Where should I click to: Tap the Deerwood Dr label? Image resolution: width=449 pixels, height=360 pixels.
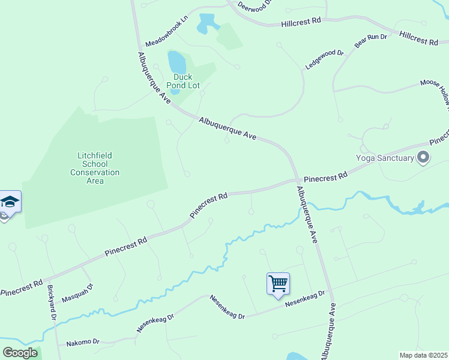click(x=255, y=6)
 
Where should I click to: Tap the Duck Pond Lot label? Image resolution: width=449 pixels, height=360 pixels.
click(x=182, y=81)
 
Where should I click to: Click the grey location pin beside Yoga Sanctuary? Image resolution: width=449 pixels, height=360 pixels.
click(x=423, y=158)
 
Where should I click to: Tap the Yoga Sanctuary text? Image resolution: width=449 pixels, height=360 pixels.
click(x=385, y=158)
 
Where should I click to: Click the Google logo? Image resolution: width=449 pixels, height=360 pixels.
click(x=20, y=352)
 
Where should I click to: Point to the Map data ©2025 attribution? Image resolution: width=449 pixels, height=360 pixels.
click(x=423, y=355)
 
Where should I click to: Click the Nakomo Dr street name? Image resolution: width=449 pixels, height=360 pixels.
click(x=83, y=342)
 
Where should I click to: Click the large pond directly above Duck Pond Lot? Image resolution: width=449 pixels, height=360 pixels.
click(x=176, y=61)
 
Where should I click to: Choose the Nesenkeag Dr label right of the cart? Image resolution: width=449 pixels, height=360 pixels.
click(x=304, y=298)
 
